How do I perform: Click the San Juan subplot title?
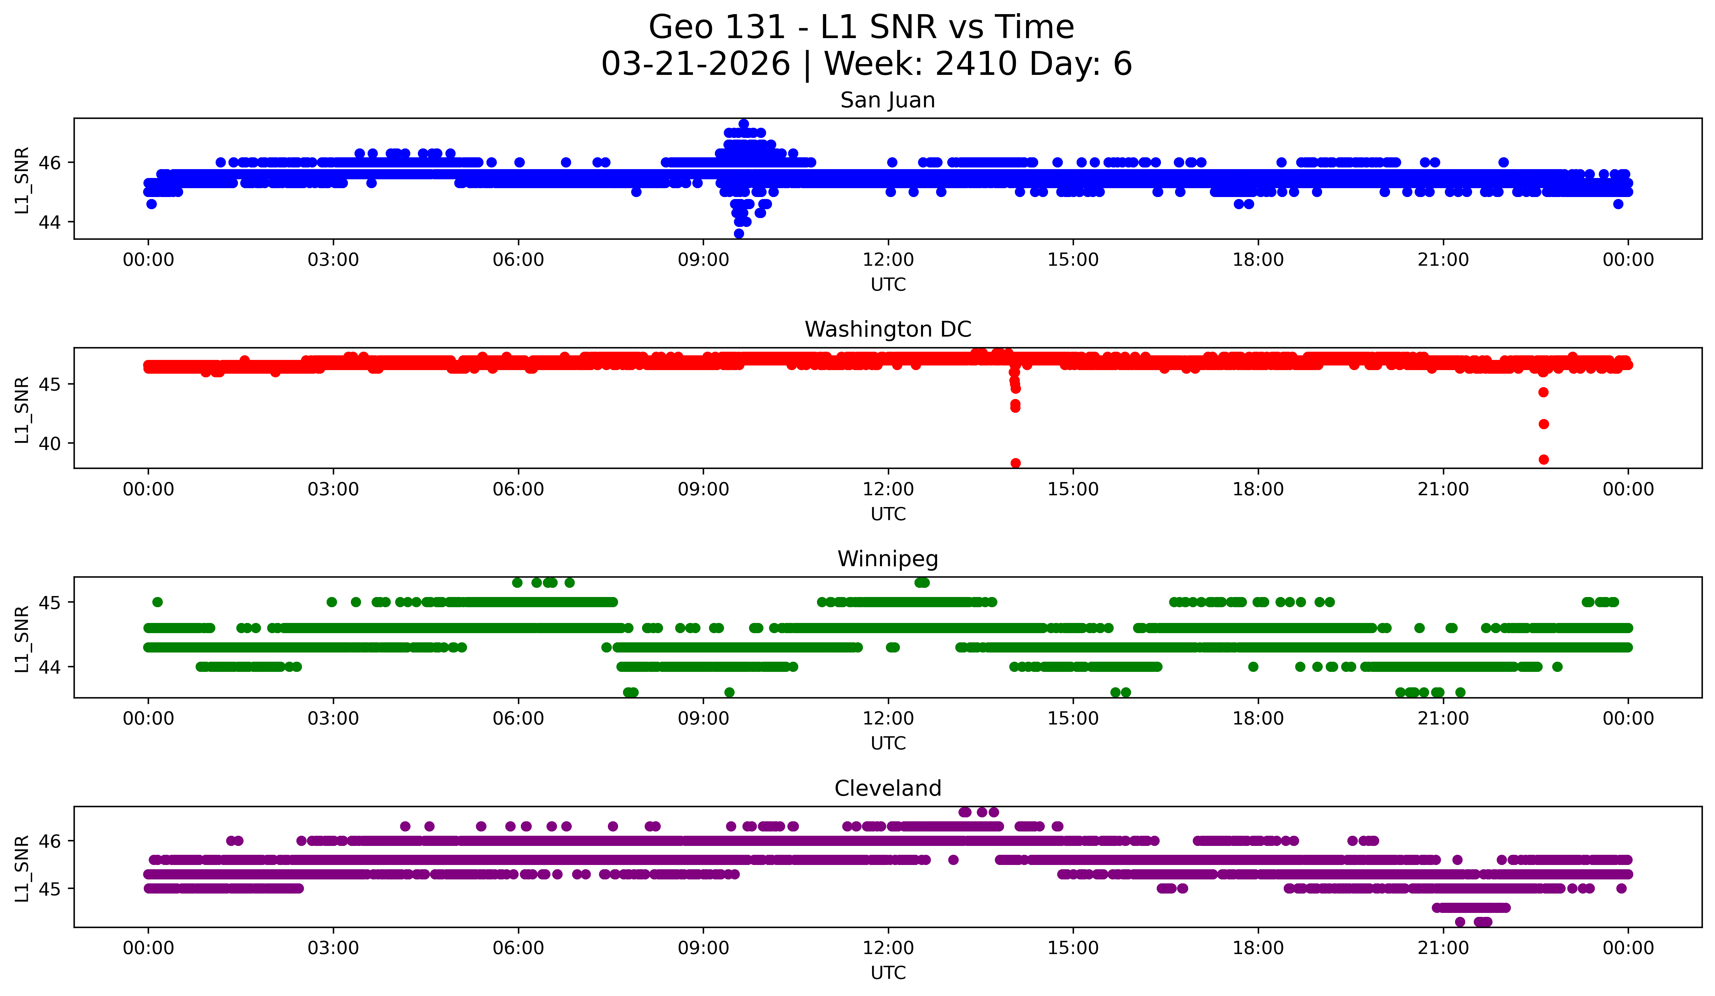pos(888,100)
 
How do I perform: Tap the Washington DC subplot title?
pos(888,329)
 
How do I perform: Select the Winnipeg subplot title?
pos(888,559)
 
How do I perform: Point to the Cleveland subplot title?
pos(888,788)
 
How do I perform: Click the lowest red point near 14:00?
pos(1016,463)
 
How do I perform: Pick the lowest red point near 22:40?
pos(1543,459)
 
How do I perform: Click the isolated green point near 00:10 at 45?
pos(157,602)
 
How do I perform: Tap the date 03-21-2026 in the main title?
pos(696,64)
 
